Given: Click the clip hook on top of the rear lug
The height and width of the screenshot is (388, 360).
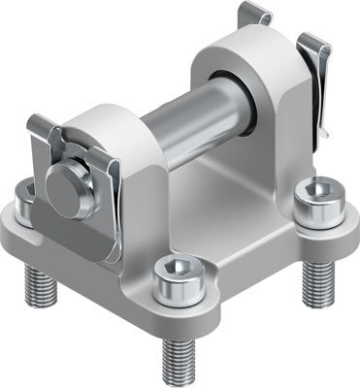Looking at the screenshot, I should [253, 16].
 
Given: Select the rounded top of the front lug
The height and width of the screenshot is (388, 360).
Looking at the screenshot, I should [107, 120].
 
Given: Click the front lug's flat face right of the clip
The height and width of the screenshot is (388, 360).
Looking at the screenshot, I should [141, 209].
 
